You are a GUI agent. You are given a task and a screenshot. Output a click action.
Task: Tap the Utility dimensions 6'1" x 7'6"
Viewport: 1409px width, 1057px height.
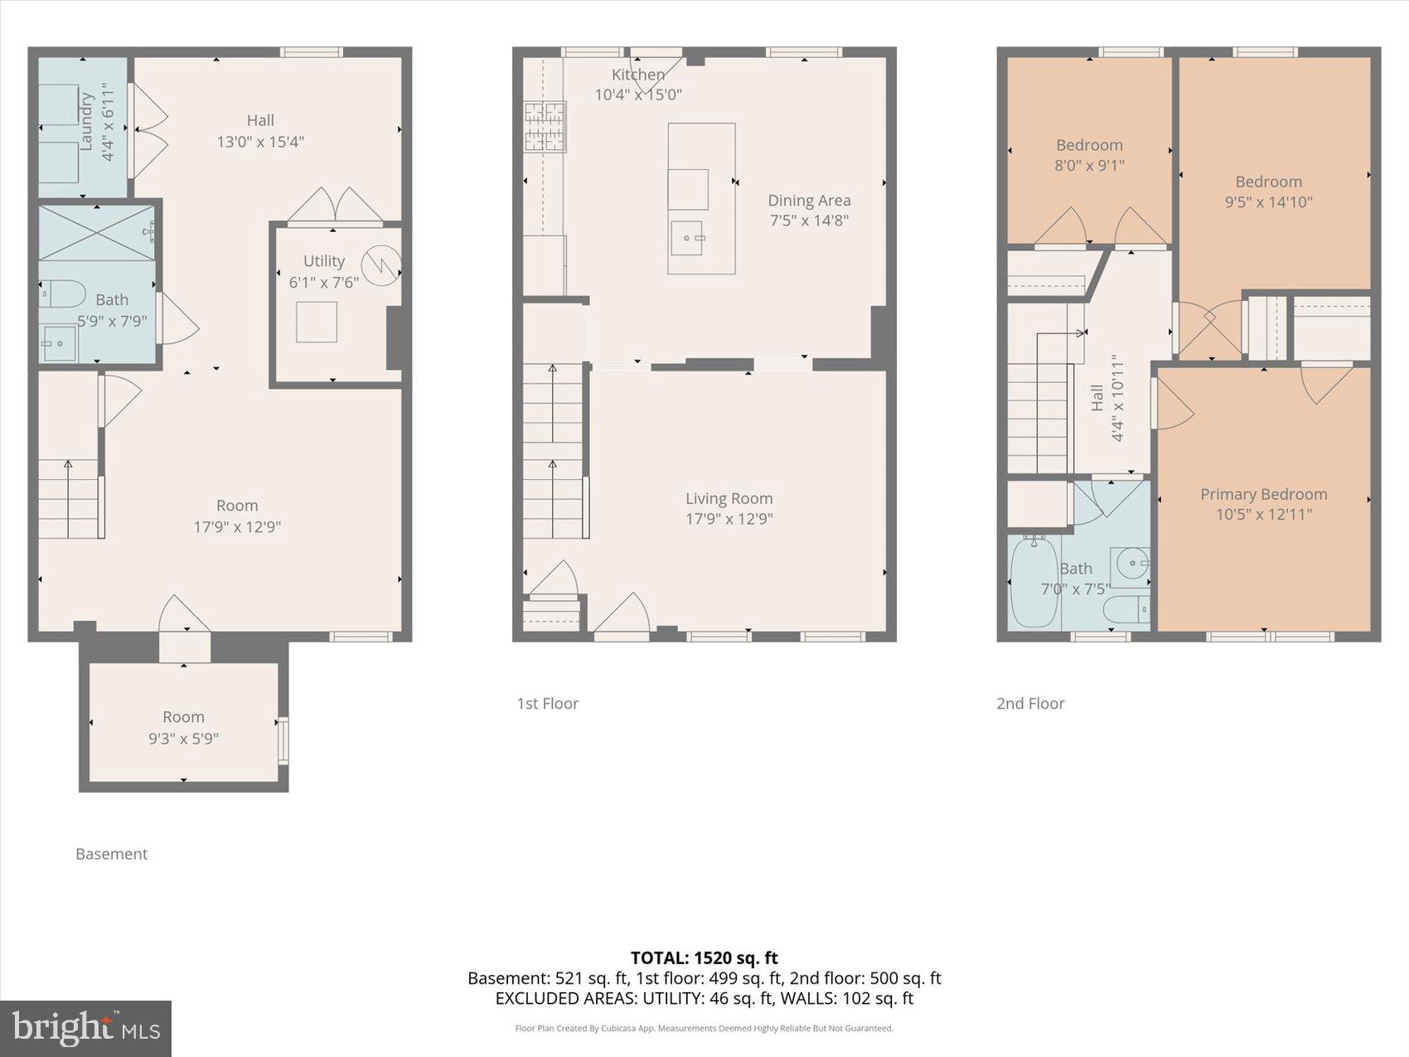323,282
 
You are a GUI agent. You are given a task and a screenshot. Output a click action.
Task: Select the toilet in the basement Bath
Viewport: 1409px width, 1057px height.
64,293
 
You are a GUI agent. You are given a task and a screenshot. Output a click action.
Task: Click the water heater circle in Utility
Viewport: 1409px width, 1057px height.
382,265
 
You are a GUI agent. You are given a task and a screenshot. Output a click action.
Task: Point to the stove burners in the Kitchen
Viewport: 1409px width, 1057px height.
545,127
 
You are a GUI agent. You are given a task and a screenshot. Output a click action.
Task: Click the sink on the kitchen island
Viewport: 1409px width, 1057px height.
687,239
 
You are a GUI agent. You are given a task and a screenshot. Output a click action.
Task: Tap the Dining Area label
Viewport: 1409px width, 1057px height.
809,200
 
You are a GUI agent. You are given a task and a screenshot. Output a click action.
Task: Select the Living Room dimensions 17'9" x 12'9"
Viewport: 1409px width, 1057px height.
729,519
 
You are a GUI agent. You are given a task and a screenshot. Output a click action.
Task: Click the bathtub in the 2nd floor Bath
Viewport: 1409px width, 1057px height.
1034,583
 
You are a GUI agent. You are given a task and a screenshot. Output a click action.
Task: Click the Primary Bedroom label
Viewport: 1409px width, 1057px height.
1263,494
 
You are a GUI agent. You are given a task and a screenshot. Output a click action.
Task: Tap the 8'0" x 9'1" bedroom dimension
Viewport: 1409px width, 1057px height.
1089,165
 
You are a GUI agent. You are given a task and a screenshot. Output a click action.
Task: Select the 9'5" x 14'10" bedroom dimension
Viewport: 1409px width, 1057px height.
1268,201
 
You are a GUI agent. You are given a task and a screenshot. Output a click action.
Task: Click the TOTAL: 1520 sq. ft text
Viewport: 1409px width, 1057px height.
704,958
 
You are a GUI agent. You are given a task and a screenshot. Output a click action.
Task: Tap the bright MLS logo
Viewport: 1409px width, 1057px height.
85,1028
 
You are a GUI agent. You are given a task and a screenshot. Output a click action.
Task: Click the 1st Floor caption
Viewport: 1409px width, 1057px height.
547,703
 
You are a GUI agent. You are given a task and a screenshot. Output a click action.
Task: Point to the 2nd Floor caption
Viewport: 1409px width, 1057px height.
1029,703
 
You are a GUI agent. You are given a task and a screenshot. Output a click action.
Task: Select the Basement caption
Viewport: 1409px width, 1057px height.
111,854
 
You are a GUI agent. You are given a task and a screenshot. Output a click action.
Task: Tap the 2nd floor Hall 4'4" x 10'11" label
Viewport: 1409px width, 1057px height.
1106,398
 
